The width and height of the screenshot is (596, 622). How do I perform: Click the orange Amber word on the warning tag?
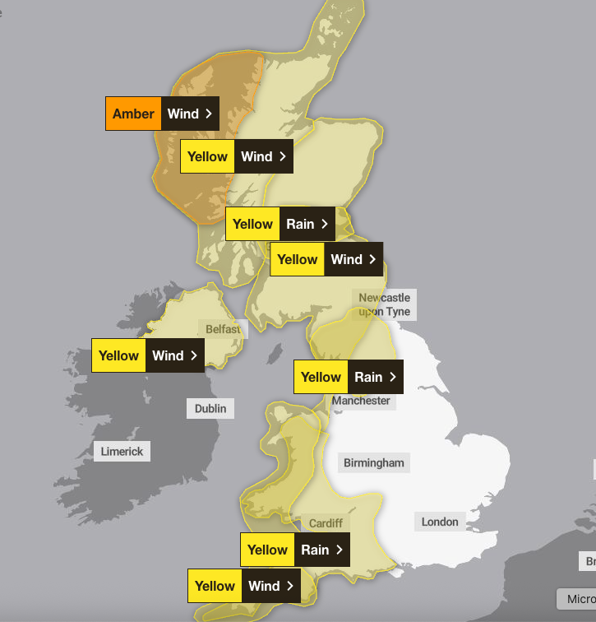(133, 114)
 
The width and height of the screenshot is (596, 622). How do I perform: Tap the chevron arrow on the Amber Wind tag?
(209, 114)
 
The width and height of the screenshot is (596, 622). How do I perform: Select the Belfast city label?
(224, 329)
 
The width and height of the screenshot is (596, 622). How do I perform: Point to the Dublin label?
(210, 408)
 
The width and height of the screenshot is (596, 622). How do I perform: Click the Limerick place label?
(122, 451)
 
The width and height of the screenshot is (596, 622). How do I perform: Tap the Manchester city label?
(361, 401)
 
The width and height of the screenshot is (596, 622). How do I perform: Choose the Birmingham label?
(374, 462)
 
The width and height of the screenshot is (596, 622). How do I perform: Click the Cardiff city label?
(326, 523)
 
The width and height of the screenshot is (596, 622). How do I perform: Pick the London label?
(440, 522)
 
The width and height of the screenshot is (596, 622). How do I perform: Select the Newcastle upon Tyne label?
(384, 304)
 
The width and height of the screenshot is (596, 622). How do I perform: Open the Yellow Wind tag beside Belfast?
(148, 355)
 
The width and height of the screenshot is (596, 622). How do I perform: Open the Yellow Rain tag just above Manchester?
(349, 377)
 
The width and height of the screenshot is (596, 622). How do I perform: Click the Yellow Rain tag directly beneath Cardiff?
(295, 550)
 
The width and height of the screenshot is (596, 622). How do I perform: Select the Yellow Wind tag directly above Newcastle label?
(326, 259)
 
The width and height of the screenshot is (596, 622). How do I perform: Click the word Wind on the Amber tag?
(182, 114)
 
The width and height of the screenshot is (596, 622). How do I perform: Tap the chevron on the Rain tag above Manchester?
(393, 377)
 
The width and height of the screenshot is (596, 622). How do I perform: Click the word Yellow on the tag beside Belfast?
(119, 355)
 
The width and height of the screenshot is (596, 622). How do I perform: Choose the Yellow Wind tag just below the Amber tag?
(237, 156)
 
